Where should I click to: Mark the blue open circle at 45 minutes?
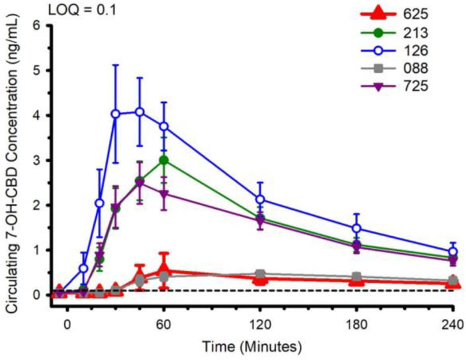pyautogui.click(x=140, y=112)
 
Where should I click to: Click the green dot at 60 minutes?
pyautogui.click(x=163, y=160)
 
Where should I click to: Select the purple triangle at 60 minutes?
pyautogui.click(x=163, y=193)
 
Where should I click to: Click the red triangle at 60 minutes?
pyautogui.click(x=163, y=271)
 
